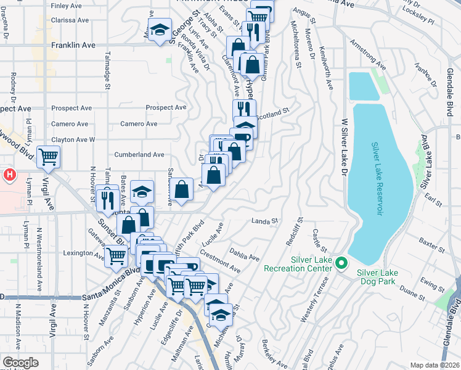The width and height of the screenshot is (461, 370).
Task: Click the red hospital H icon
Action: pyautogui.click(x=9, y=176)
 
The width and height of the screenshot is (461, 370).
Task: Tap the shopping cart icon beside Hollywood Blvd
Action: pyautogui.click(x=48, y=156)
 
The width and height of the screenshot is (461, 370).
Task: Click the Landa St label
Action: pyautogui.click(x=266, y=221)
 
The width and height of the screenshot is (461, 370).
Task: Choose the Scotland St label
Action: pyautogui.click(x=273, y=114)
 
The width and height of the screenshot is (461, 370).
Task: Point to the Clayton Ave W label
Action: pyautogui.click(x=73, y=139)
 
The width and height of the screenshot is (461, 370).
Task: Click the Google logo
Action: pyautogui.click(x=21, y=363)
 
